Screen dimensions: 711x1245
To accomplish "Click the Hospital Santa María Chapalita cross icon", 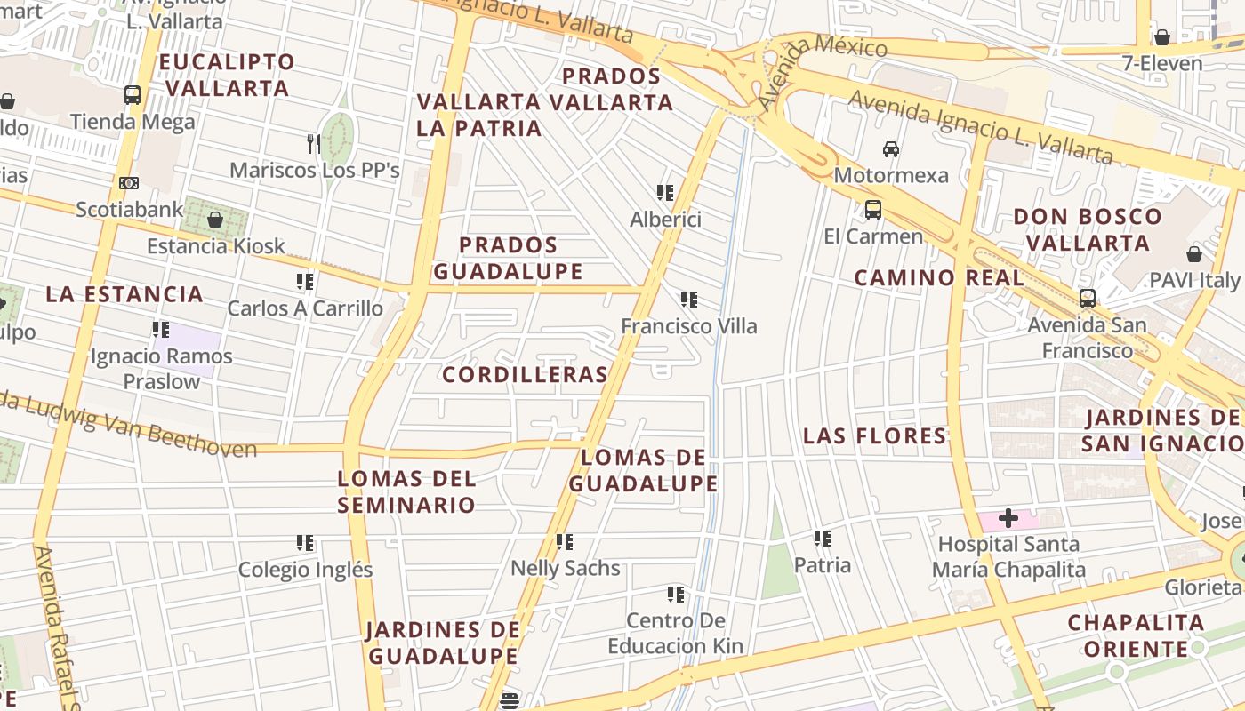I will point(1008,517).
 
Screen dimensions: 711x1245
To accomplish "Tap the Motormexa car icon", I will point(891,148).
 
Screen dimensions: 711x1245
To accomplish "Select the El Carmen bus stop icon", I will point(873,210).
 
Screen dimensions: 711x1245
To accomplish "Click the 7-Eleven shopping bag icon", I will point(1161,37).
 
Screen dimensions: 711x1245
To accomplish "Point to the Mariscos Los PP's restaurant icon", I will point(313,143).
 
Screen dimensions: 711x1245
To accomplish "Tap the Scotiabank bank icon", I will point(129,183).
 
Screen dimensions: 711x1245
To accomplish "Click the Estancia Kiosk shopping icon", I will point(214,219).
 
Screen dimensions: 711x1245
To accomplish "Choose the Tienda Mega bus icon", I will point(133,94).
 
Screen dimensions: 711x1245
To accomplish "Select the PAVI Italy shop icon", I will point(1193,254).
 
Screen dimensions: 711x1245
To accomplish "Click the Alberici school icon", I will point(664,192).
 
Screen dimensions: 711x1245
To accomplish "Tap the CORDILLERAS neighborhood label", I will point(525,375).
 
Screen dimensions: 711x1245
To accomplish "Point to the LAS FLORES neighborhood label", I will point(875,436).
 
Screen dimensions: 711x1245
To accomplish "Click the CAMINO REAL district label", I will point(939,278).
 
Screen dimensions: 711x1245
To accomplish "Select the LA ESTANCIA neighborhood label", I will point(124,294).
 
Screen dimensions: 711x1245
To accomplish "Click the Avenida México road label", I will point(823,62).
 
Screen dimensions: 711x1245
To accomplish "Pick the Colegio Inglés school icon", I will point(305,542).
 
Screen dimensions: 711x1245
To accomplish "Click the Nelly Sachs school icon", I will point(564,541).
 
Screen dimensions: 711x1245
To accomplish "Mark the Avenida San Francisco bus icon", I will point(1087,299).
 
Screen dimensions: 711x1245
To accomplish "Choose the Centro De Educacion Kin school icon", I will point(676,594).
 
